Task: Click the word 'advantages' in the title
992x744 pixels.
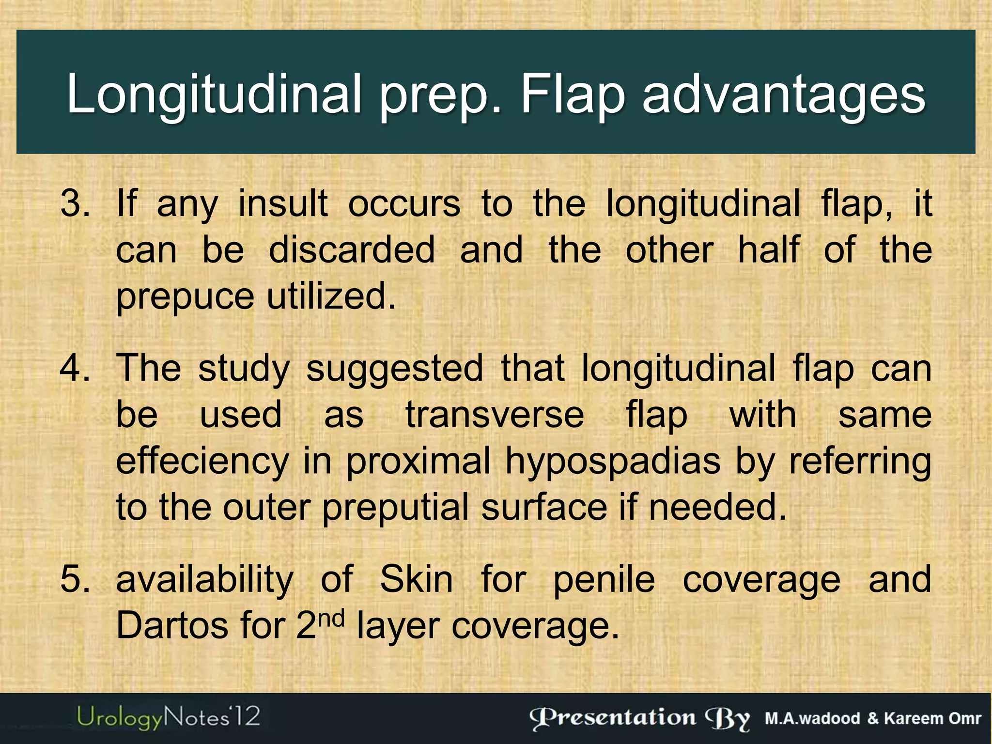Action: (784, 94)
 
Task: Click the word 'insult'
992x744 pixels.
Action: (283, 203)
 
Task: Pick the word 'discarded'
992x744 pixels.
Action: (352, 250)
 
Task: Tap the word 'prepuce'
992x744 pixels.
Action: (185, 296)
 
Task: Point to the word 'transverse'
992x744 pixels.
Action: (495, 415)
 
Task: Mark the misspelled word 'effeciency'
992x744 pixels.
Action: (202, 461)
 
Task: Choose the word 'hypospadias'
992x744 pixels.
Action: (613, 462)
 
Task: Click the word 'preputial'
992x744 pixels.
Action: (395, 508)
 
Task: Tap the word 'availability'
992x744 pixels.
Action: (205, 579)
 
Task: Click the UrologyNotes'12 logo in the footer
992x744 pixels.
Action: (168, 717)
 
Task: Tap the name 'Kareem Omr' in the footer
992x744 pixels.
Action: (932, 718)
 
